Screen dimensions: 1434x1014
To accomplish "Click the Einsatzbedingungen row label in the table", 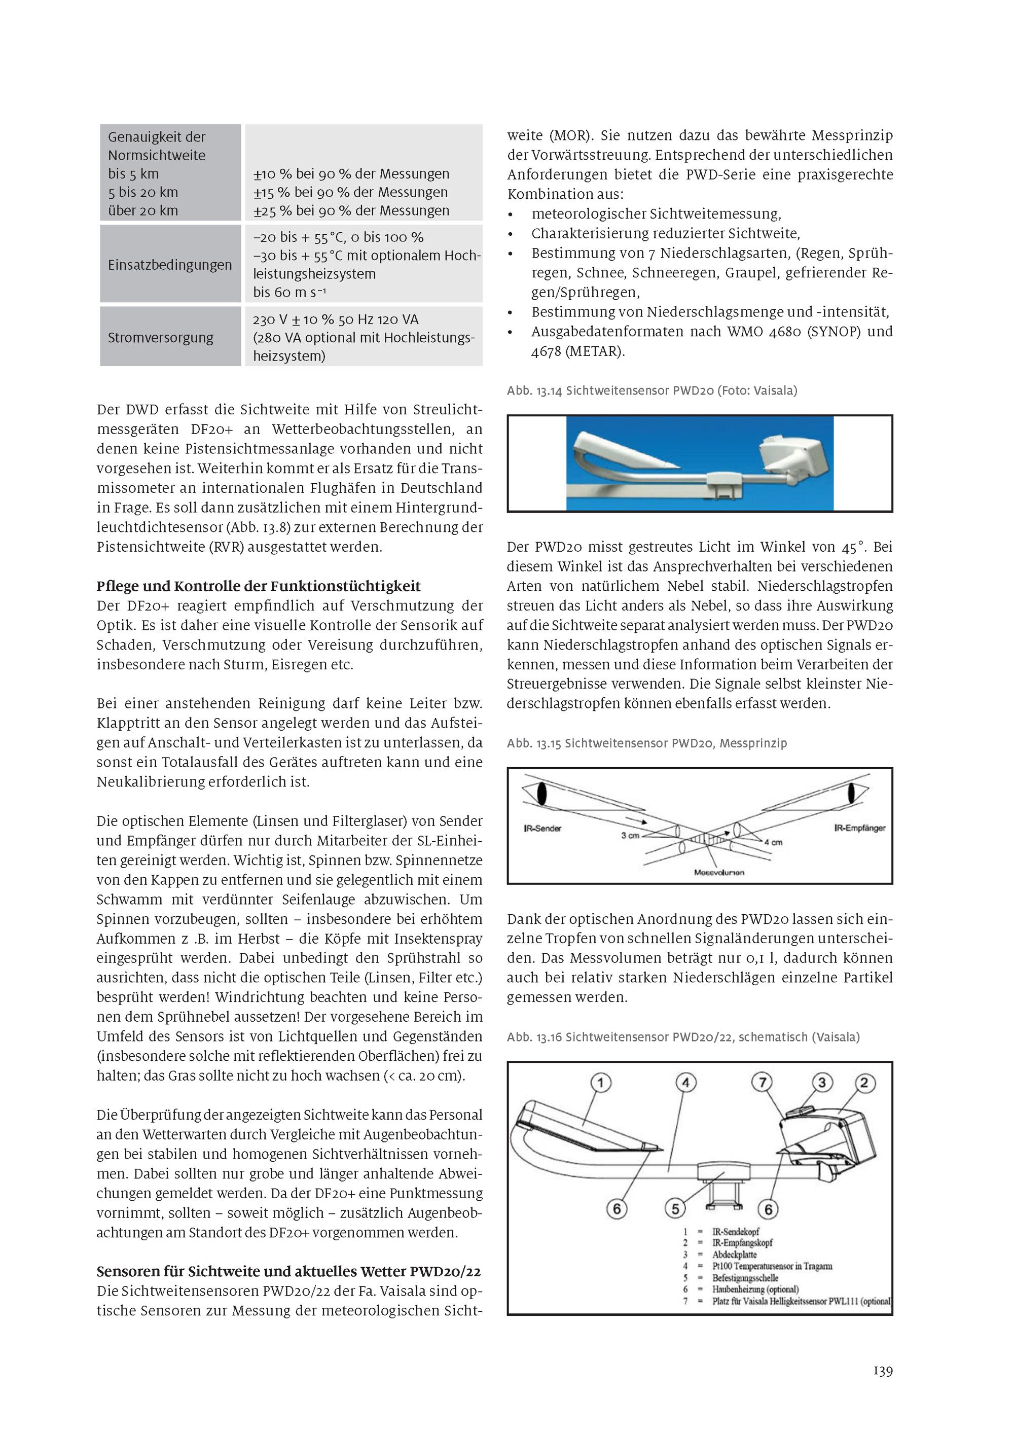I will point(169,265).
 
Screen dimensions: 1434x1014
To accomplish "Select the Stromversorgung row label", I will point(161,338).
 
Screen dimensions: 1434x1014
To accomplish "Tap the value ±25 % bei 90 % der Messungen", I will point(351,211).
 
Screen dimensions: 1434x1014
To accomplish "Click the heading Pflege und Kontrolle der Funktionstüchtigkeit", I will point(259,586).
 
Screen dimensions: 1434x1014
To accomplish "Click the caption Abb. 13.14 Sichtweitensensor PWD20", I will point(652,391).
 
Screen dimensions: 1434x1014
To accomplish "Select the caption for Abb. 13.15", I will point(647,743).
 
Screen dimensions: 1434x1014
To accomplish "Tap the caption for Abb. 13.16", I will point(683,1037).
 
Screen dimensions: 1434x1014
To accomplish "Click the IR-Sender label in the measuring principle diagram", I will point(542,828).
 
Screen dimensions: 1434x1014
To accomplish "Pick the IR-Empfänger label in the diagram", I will point(860,828).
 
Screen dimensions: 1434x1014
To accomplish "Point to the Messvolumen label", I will point(718,873).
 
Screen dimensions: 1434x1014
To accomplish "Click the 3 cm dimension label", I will point(630,835).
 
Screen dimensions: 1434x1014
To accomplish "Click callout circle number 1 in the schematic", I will point(601,1083).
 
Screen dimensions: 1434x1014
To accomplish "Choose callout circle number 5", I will point(675,1208).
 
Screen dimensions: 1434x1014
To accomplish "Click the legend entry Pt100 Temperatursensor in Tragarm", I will point(772,1266).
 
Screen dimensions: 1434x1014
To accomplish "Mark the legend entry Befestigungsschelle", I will point(745,1278).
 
